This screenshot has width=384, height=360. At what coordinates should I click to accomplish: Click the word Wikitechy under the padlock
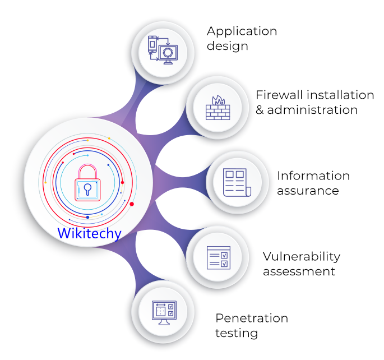click(89, 233)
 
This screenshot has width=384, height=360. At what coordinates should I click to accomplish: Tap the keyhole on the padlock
click(87, 189)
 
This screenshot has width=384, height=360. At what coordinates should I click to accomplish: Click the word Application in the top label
click(242, 31)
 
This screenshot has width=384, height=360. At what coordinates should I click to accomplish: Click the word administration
click(312, 110)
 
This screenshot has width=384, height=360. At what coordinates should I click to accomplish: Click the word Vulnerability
click(302, 256)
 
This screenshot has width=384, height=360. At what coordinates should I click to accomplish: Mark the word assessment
click(299, 271)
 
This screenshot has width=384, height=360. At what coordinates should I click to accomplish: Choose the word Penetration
click(252, 319)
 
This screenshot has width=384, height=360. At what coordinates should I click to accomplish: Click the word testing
click(237, 333)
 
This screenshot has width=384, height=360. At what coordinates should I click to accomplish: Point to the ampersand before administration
click(260, 110)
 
